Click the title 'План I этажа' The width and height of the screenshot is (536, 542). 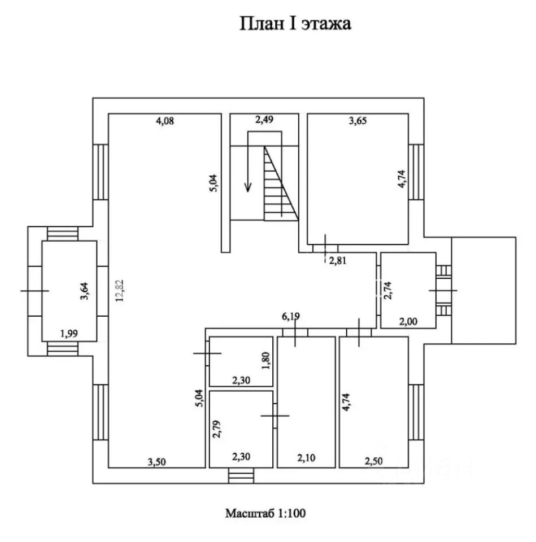(295, 24)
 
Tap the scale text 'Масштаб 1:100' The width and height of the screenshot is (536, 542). (265, 513)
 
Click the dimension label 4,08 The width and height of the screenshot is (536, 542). (165, 121)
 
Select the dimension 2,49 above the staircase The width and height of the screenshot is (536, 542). (264, 120)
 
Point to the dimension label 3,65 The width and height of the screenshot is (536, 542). (358, 121)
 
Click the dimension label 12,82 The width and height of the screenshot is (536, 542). (120, 290)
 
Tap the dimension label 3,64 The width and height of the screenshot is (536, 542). (84, 291)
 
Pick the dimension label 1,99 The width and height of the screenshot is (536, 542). (69, 334)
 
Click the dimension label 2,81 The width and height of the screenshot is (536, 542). (338, 260)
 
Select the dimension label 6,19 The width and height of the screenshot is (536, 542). (291, 316)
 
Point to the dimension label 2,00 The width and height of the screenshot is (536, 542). (408, 321)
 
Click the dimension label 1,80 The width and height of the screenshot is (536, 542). (266, 361)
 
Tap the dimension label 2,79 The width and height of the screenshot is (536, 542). (217, 429)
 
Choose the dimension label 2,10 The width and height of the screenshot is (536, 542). (306, 458)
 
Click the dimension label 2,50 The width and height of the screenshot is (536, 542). (373, 461)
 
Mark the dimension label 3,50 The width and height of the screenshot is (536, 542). (156, 462)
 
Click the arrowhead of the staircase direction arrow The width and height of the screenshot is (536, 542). (247, 188)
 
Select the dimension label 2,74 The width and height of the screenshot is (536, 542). (388, 290)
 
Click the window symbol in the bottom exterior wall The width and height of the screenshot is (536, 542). (241, 475)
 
